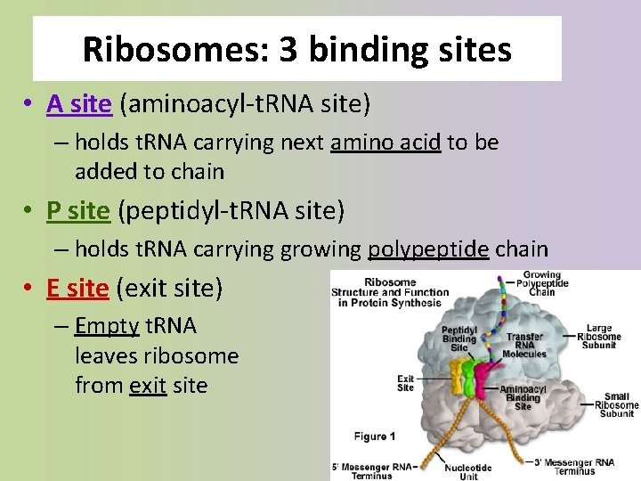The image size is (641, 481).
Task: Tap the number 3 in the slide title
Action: (x=288, y=49)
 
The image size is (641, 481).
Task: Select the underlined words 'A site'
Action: (x=79, y=105)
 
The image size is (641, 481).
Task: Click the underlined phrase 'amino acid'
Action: (x=385, y=142)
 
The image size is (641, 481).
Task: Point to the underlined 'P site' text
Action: (x=78, y=211)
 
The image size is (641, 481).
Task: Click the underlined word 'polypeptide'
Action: (x=428, y=249)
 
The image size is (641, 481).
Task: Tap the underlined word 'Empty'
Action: (x=107, y=326)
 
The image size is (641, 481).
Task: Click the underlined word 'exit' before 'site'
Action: (x=148, y=386)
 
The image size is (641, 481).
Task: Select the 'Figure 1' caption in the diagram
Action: (x=375, y=436)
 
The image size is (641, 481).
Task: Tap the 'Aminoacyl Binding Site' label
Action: (x=523, y=397)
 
